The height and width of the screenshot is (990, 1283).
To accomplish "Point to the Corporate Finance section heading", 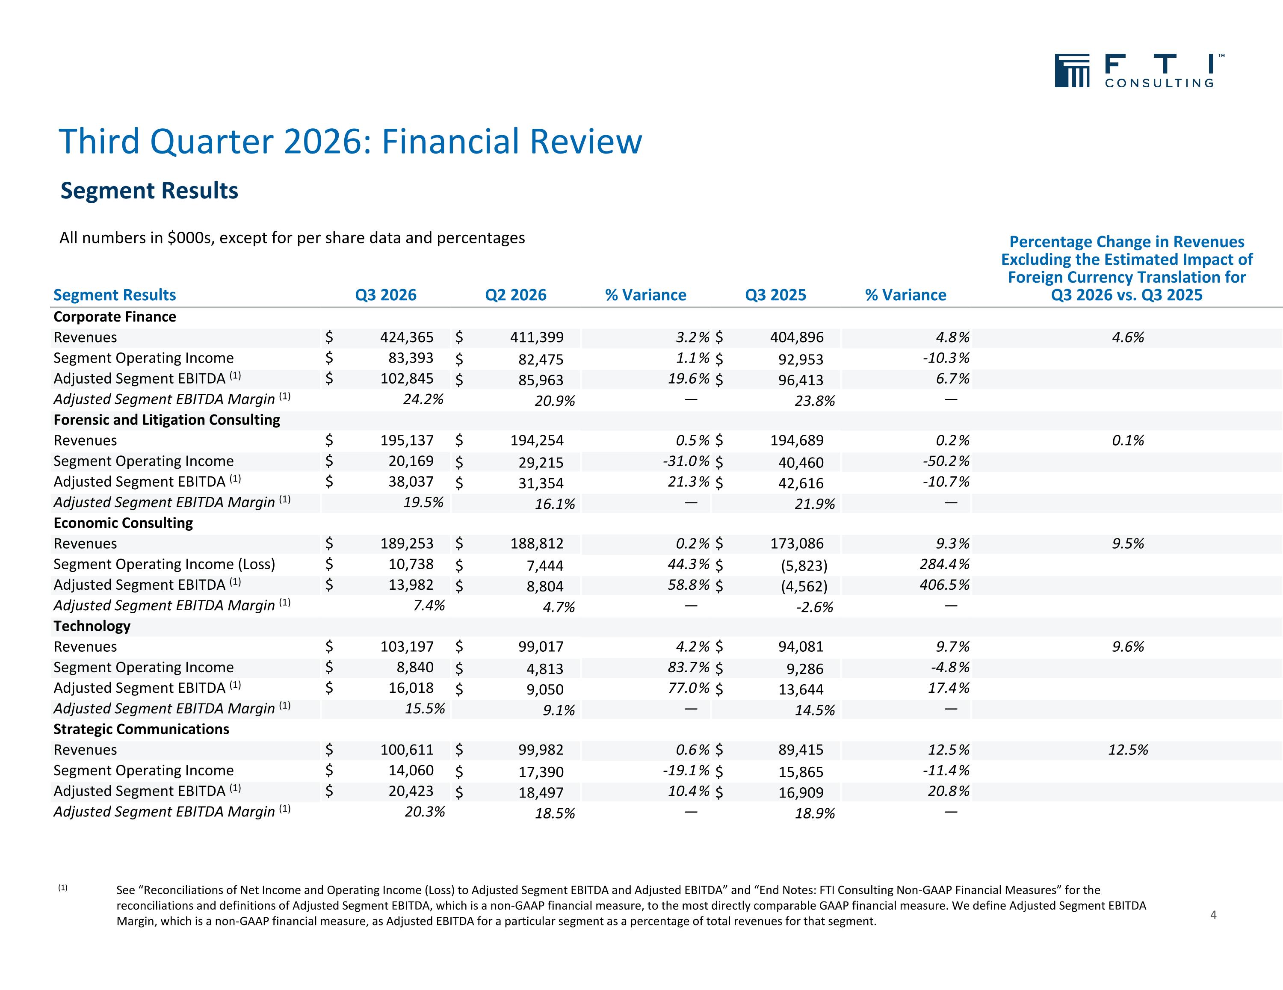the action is (x=115, y=317).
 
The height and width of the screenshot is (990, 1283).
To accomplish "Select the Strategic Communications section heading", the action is (x=141, y=729).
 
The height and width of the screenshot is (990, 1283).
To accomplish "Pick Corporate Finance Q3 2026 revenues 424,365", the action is (x=407, y=337).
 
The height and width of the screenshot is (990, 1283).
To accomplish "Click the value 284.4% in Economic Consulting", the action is (x=944, y=564).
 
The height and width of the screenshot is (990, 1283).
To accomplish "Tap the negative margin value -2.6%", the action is (x=814, y=607).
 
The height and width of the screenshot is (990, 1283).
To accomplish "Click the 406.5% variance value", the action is (x=944, y=585).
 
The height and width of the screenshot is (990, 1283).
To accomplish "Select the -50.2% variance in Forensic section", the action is (x=946, y=461).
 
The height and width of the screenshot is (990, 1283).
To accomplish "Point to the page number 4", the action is (x=1213, y=915).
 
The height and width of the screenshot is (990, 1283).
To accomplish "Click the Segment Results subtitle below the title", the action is (x=149, y=190).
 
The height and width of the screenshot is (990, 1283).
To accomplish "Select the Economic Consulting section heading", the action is (x=123, y=523).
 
